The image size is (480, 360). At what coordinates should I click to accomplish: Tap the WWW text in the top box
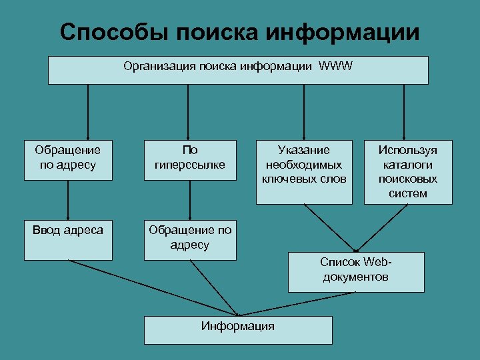(x=336, y=66)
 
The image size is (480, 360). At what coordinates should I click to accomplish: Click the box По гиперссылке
(x=190, y=160)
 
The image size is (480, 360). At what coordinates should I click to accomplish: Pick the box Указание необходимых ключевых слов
(x=304, y=171)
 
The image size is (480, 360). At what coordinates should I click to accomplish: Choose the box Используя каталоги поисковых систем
(x=407, y=171)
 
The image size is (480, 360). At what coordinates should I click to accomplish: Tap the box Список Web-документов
(x=355, y=271)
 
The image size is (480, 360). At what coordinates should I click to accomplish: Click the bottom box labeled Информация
(x=238, y=329)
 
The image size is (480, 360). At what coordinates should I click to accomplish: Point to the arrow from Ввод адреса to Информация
(x=153, y=287)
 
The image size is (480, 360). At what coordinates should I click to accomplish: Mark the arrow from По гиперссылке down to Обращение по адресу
(x=190, y=200)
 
